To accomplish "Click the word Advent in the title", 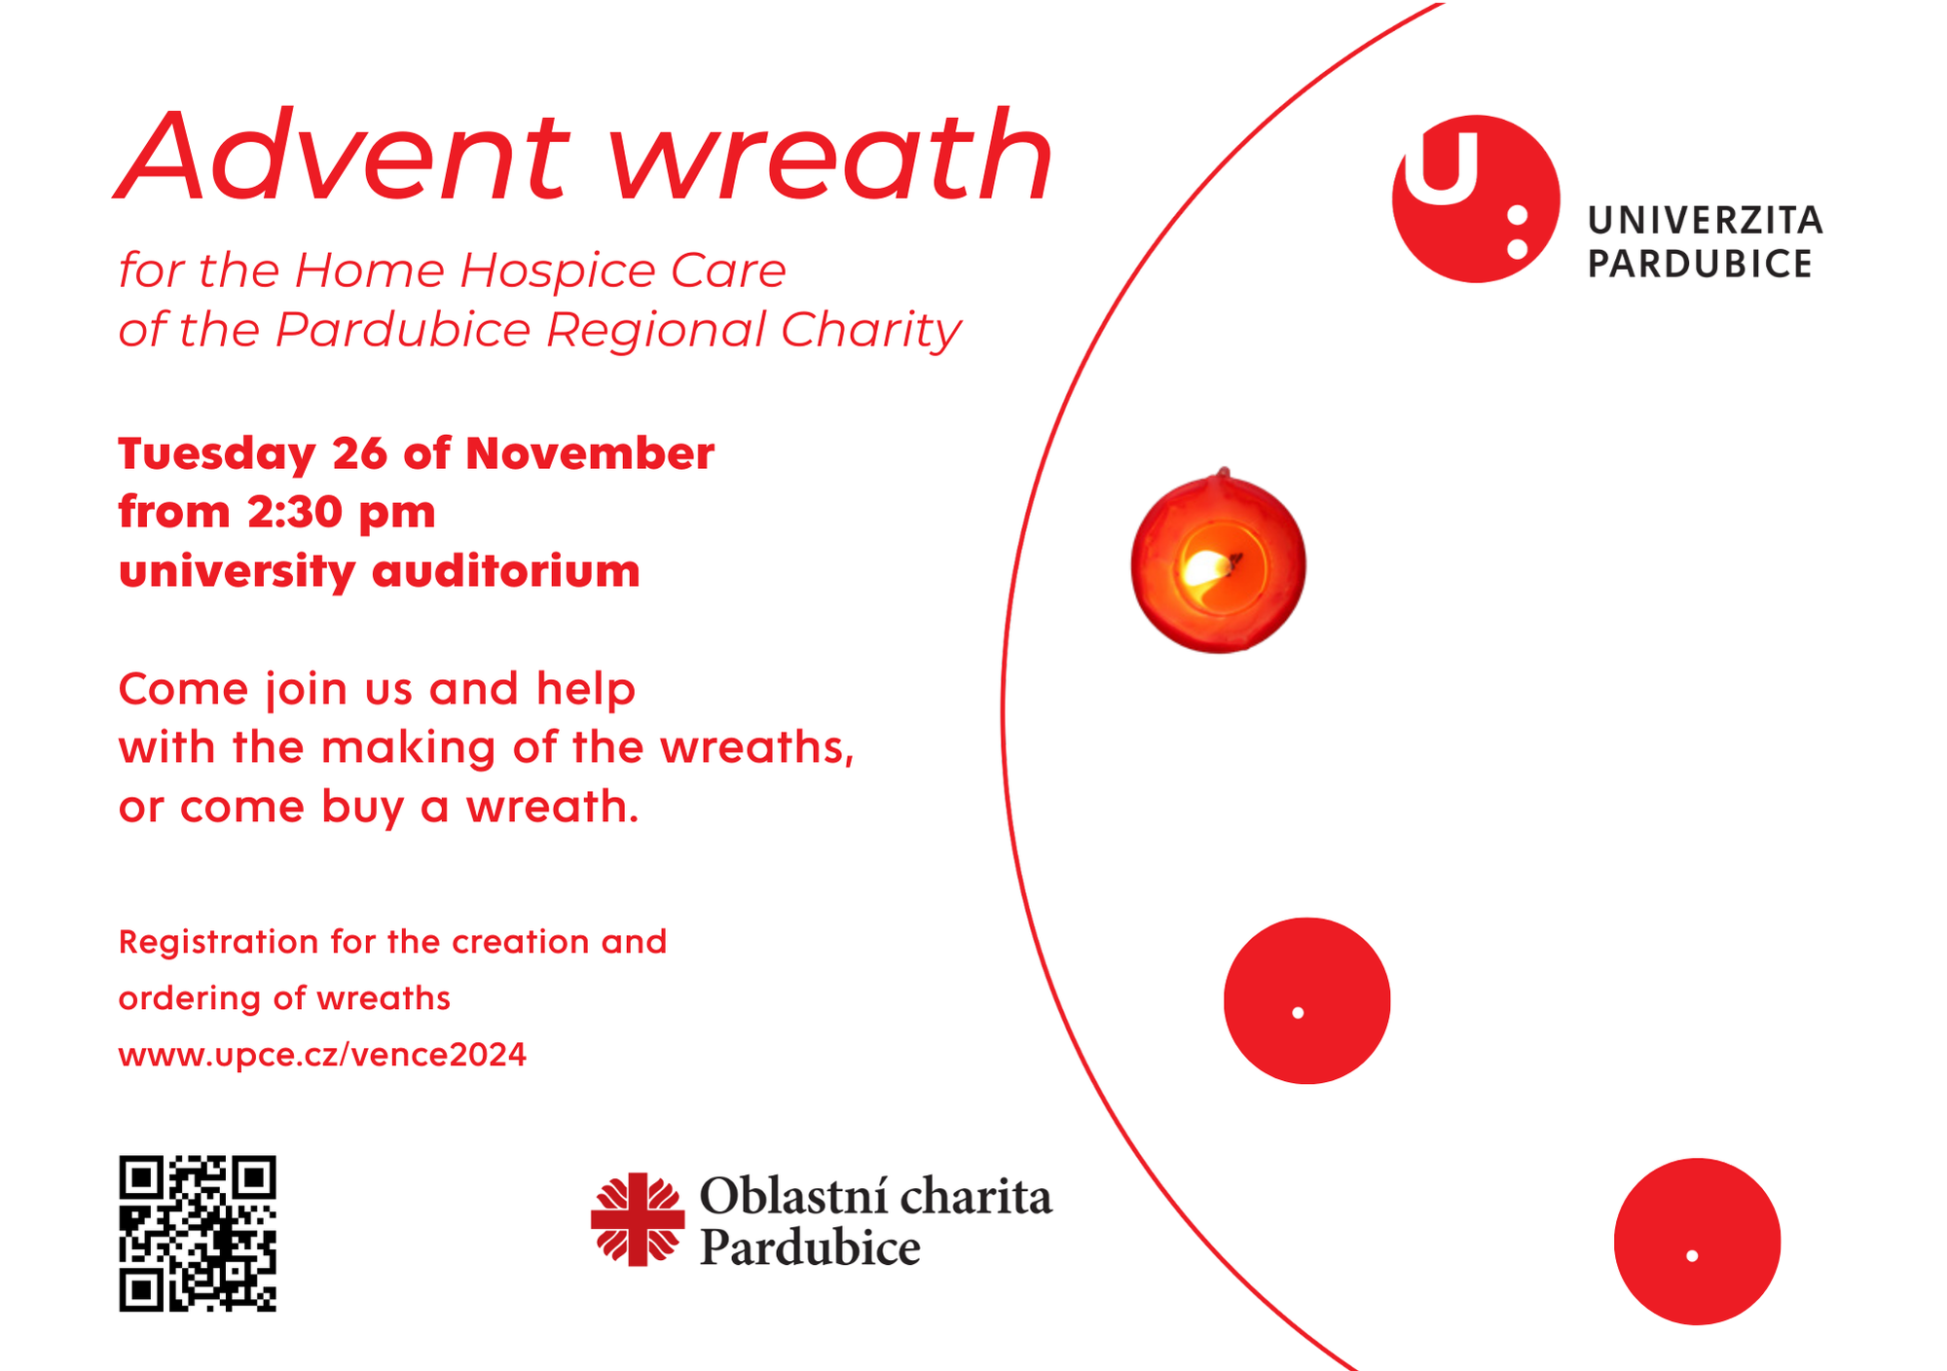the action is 342,156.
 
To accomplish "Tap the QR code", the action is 198,1233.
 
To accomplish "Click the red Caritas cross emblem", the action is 638,1218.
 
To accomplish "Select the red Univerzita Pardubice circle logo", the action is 1476,198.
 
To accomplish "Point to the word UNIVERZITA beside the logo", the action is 1706,221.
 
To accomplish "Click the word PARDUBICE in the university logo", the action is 1701,264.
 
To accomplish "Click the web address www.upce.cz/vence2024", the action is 322,1055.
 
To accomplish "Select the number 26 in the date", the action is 359,453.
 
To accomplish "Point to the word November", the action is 590,453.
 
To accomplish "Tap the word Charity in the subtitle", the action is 871,331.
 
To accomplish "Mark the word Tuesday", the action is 217,455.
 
